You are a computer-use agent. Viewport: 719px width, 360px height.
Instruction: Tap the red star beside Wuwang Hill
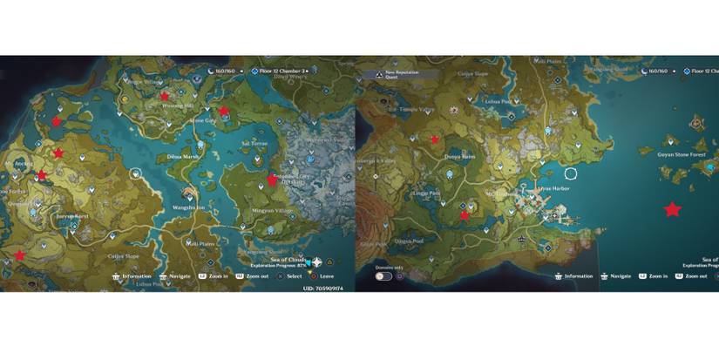tap(165, 96)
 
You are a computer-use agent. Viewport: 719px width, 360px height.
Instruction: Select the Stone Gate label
tap(203, 120)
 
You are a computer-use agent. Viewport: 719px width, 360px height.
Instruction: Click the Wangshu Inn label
tap(189, 207)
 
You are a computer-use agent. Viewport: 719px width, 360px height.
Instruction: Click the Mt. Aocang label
tap(19, 163)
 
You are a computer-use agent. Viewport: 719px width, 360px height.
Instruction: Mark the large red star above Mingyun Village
tap(272, 180)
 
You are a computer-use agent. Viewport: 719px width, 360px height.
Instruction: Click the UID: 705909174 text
tap(322, 288)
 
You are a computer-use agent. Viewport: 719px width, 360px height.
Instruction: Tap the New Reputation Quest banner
tap(390, 76)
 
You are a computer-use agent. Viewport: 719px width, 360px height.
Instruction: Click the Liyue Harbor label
tap(553, 187)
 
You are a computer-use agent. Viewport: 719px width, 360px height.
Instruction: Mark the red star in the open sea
tap(672, 209)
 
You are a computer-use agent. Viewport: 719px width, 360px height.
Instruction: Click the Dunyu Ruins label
tap(458, 157)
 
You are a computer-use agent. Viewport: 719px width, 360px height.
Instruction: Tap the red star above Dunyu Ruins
tap(435, 139)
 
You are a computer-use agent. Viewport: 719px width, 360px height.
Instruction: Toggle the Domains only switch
tap(383, 276)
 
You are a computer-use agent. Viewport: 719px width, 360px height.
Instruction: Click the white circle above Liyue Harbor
tap(571, 173)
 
